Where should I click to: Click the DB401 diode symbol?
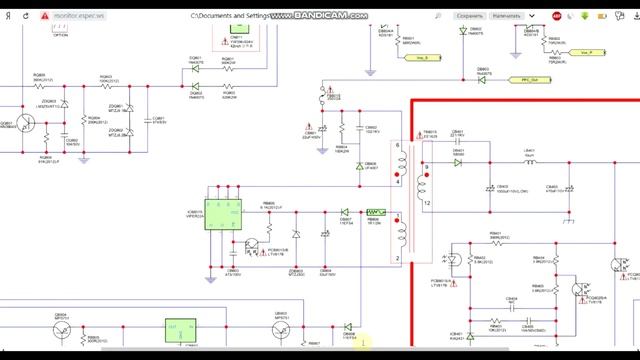click(458, 161)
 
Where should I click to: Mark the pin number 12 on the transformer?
click(426, 203)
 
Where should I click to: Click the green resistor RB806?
click(376, 212)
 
